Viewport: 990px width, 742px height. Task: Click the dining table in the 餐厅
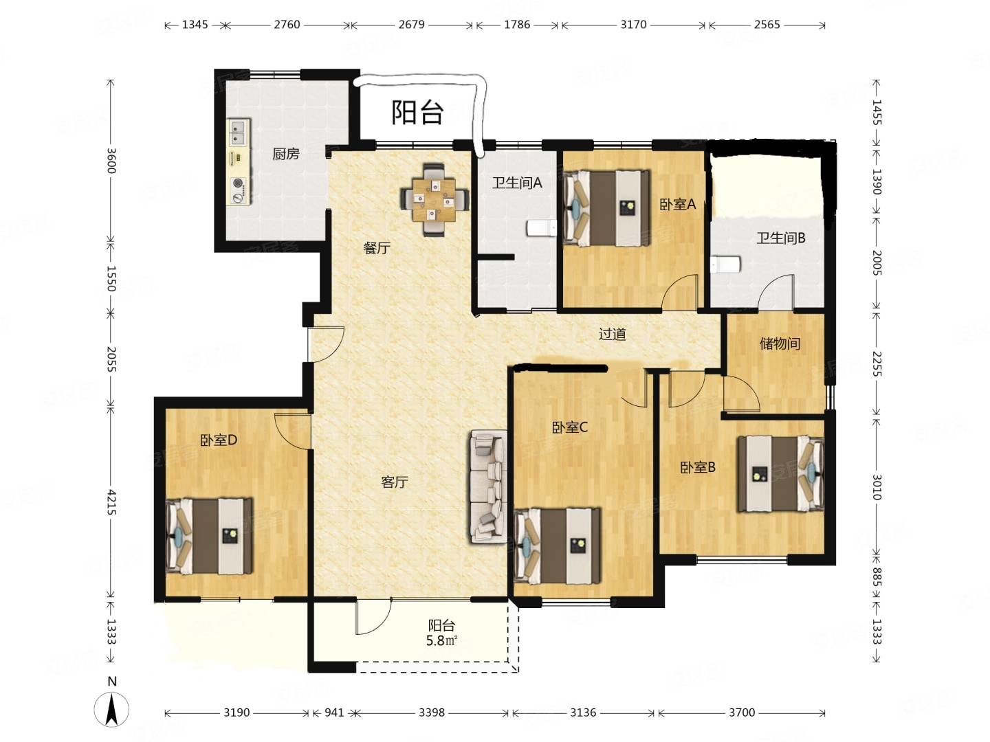434,199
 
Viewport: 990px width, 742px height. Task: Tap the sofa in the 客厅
488,486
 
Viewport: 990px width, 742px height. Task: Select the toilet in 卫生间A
541,228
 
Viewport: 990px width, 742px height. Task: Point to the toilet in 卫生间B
725,265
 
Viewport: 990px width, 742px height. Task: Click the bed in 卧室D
208,536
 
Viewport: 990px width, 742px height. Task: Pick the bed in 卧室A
606,207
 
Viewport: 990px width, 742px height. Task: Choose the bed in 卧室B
781,473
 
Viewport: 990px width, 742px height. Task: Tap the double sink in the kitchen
237,132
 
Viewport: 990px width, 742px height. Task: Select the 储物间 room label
780,344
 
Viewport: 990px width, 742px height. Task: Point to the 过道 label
613,335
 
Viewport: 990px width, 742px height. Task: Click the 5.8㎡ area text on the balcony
442,640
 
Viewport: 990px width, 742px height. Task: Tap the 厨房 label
286,154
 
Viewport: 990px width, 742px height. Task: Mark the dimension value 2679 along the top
411,24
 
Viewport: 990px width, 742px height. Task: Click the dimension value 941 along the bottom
334,712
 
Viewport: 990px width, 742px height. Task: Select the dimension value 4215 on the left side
111,503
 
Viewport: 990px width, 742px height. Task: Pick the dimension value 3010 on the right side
876,487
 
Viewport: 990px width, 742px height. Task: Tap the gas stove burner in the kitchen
238,183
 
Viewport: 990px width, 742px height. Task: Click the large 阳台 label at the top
417,112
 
